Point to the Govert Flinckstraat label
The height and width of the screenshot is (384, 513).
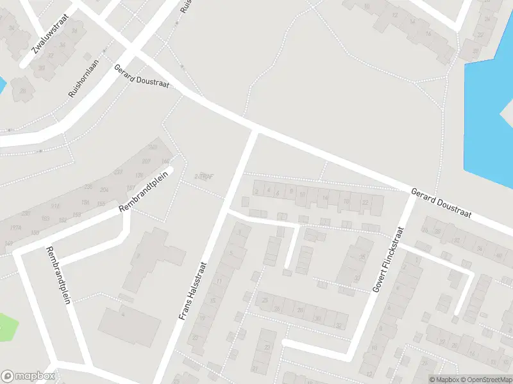point(387,259)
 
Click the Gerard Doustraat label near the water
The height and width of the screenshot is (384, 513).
point(442,202)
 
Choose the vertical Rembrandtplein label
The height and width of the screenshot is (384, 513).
point(57,276)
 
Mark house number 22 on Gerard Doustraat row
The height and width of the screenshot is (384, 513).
point(366,203)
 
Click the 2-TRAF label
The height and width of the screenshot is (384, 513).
point(204,176)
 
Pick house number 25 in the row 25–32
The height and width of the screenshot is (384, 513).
point(264,300)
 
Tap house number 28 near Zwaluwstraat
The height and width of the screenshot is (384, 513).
point(22,92)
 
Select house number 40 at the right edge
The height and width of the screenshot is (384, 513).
point(498,255)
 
